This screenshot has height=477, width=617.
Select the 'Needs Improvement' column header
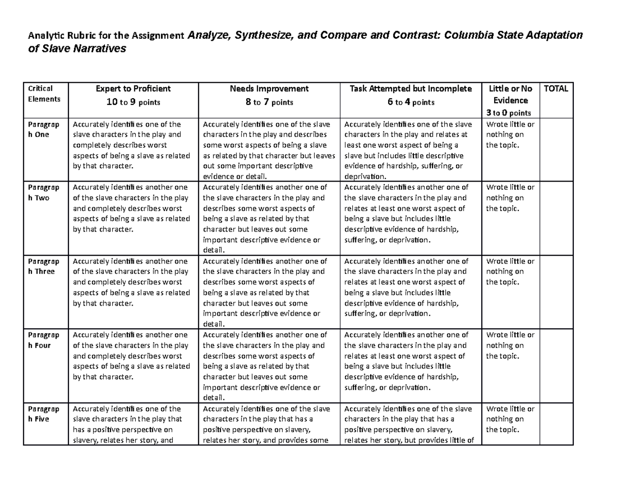(x=269, y=89)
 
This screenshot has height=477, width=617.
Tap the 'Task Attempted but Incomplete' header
(x=410, y=89)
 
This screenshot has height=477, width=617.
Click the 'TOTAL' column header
(x=556, y=89)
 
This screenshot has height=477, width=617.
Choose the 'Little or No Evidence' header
(x=509, y=94)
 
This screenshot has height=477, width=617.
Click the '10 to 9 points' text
(x=133, y=102)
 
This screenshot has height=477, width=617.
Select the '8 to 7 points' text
(x=269, y=102)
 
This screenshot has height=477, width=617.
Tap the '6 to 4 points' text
(x=410, y=102)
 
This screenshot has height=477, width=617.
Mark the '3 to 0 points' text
(x=509, y=113)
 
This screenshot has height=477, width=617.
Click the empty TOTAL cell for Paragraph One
(x=556, y=149)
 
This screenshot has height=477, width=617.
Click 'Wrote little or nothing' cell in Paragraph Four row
(x=510, y=345)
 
